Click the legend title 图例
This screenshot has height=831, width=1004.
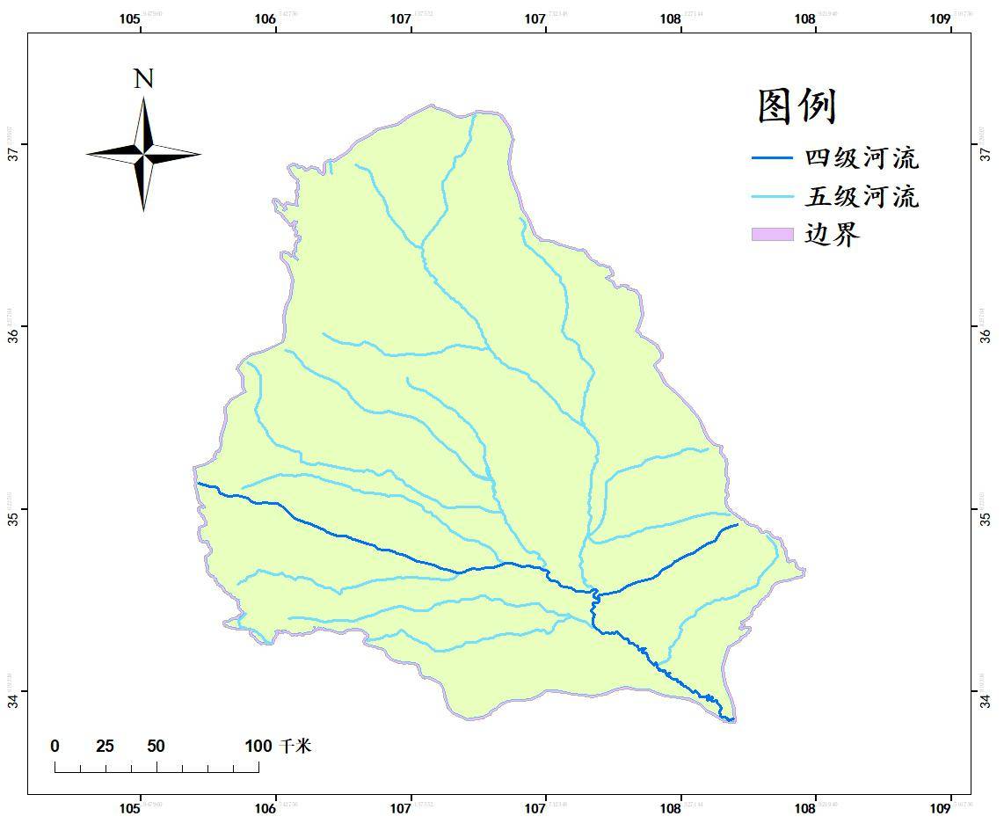(796, 106)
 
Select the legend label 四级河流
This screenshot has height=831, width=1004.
(862, 158)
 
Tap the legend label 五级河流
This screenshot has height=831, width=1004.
(862, 196)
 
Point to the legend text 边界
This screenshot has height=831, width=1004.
(832, 234)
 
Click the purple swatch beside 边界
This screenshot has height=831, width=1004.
(772, 234)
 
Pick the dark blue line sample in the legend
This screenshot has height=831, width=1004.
(772, 158)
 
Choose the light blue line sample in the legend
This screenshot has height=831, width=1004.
(772, 196)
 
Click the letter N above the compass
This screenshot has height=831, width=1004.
(143, 79)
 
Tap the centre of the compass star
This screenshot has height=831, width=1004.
(143, 154)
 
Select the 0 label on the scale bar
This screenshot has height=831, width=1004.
(55, 747)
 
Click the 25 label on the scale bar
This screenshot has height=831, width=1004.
(105, 747)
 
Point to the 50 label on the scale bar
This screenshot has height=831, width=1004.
(156, 747)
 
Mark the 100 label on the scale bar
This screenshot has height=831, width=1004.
(258, 747)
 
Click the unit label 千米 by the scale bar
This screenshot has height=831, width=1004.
(295, 747)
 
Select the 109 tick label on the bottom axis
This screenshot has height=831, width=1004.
(940, 807)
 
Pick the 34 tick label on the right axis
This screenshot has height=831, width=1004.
(986, 700)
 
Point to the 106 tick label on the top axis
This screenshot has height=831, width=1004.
(265, 18)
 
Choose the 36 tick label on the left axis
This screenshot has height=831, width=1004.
(13, 336)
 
